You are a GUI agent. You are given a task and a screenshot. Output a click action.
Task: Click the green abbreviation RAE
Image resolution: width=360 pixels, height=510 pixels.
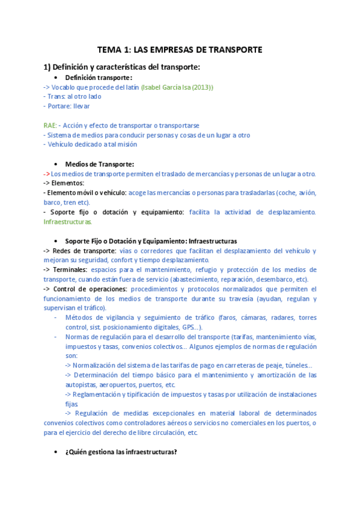[50, 126]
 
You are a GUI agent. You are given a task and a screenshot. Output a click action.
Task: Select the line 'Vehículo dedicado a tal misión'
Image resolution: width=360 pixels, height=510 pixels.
[91, 144]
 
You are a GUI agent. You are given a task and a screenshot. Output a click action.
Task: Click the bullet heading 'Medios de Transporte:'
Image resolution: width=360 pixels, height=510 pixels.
[99, 164]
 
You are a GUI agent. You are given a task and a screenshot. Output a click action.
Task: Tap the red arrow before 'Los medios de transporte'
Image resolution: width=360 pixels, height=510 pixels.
[46, 174]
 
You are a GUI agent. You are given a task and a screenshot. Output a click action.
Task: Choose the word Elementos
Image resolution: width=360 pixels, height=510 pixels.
[67, 183]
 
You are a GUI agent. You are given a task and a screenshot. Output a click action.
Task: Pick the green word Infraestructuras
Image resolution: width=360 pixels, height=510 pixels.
[68, 222]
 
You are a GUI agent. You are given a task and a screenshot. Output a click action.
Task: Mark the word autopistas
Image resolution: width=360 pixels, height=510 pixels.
[83, 385]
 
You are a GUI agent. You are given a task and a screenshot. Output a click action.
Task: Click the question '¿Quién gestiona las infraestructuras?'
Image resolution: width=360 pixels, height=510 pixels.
[121, 452]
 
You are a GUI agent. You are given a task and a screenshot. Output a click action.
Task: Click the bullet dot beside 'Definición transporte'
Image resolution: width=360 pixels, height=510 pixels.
[55, 78]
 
